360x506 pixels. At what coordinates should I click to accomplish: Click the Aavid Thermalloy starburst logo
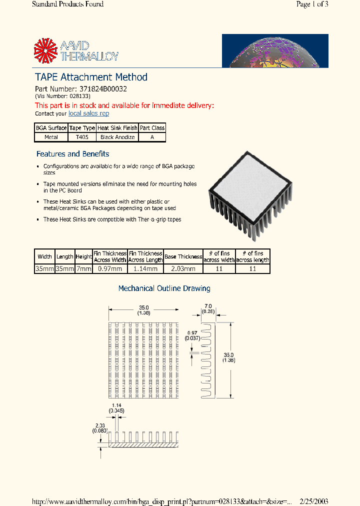(45, 51)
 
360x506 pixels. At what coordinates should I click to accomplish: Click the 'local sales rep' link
(88, 113)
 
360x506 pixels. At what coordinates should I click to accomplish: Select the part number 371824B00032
(103, 89)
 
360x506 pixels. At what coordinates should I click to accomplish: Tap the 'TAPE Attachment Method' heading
(91, 77)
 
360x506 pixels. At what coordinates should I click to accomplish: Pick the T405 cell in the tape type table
(82, 137)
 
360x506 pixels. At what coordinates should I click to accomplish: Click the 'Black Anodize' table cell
(117, 137)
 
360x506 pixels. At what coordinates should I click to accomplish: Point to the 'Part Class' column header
(152, 128)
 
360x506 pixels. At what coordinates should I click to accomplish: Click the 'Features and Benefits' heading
(72, 154)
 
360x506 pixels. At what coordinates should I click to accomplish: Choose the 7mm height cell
(83, 269)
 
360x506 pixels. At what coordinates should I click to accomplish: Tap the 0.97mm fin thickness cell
(110, 269)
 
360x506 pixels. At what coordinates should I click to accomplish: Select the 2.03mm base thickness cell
(183, 269)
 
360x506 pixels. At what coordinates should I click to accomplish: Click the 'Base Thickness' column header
(183, 256)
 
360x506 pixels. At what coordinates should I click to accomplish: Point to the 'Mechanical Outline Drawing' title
(164, 288)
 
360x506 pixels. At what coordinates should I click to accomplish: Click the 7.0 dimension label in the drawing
(208, 306)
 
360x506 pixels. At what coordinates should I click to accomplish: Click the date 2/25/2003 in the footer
(314, 501)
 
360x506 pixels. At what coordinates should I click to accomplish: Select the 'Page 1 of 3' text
(312, 4)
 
